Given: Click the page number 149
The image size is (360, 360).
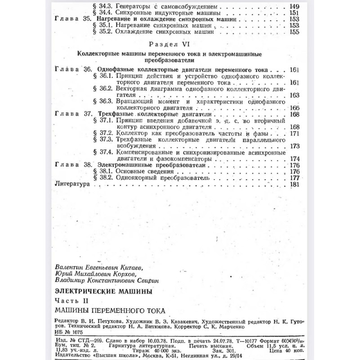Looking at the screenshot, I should (293, 8).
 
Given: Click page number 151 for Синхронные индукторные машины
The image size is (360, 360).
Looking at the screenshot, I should (293, 14).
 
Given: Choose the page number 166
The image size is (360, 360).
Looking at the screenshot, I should (295, 108).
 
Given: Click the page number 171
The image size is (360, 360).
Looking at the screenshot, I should (295, 134).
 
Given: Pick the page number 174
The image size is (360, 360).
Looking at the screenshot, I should (295, 159).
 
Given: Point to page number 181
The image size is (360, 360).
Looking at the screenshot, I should (295, 184).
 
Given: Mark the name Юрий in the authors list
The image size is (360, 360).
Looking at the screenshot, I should (62, 274).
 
